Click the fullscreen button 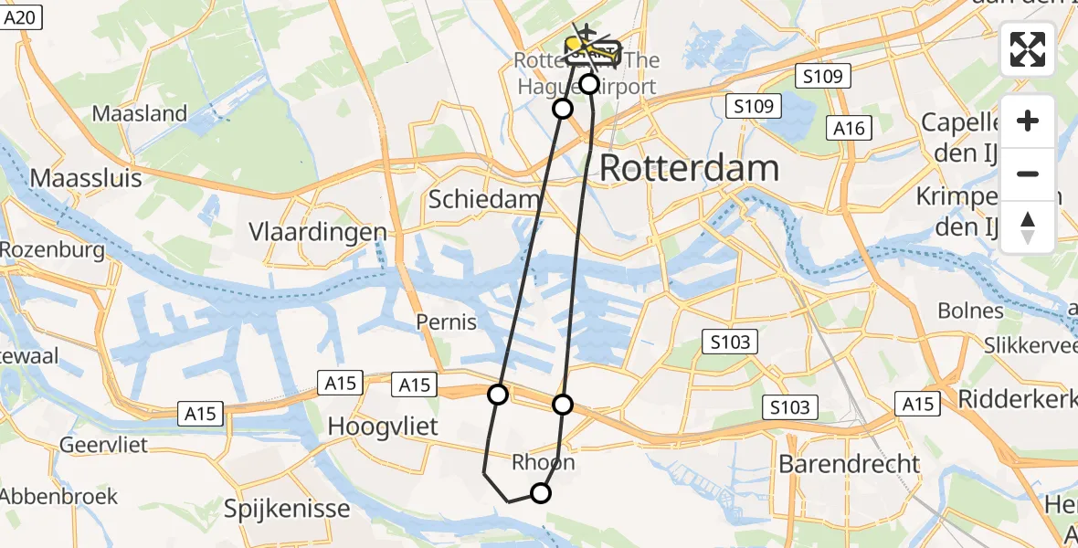click(1028, 49)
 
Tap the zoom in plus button click(1028, 121)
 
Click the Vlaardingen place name click(318, 232)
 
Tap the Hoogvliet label click(383, 427)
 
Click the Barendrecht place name click(850, 463)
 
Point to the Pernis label click(447, 322)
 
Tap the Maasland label click(140, 114)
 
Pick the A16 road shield click(849, 129)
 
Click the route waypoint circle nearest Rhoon click(541, 493)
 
